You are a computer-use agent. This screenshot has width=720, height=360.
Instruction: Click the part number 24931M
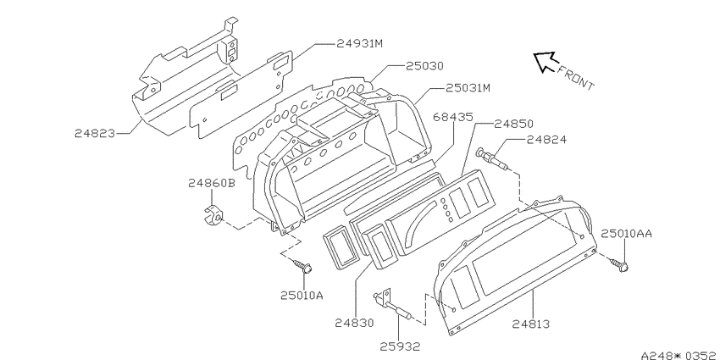pyautogui.click(x=359, y=43)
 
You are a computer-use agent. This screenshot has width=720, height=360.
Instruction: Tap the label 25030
pyautogui.click(x=424, y=66)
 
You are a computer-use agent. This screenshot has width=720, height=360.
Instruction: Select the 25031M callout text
pyautogui.click(x=468, y=88)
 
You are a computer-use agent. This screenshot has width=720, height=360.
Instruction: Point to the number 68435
pyautogui.click(x=453, y=118)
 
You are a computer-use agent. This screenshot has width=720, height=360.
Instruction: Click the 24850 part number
pyautogui.click(x=513, y=124)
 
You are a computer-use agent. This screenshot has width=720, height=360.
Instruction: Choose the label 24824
pyautogui.click(x=546, y=140)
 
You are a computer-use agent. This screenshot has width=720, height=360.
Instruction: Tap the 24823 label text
pyautogui.click(x=95, y=133)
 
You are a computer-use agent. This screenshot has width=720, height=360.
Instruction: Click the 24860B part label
pyautogui.click(x=212, y=183)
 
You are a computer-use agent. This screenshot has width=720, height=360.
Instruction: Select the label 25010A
pyautogui.click(x=302, y=296)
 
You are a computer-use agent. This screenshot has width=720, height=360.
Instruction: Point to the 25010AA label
pyautogui.click(x=626, y=234)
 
